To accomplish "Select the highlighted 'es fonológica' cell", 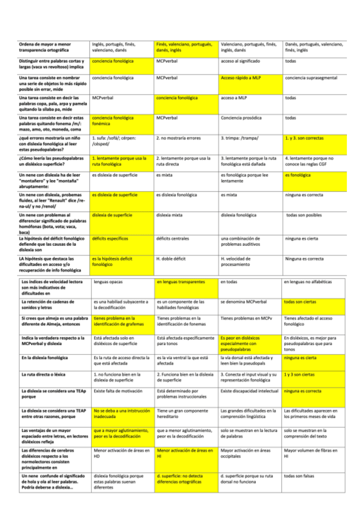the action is (x=298, y=175).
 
